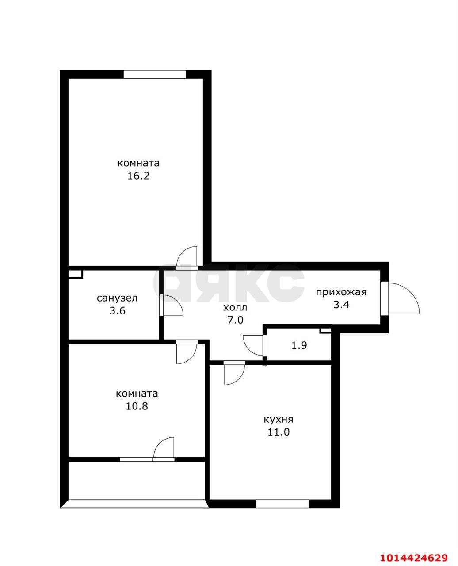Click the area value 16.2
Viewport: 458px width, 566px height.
coord(138,176)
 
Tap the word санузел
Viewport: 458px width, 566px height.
coord(117,298)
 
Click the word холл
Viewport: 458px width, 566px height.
coord(235,308)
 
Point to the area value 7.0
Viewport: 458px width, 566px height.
coord(235,320)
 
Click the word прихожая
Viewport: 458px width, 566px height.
coord(341,292)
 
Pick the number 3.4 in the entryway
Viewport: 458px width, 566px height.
coord(341,305)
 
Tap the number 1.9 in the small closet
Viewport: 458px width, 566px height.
coord(299,345)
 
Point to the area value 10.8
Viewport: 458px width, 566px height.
coord(137,406)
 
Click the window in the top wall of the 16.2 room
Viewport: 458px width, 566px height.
coord(155,74)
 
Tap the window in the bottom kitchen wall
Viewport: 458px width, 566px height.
coord(282,504)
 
